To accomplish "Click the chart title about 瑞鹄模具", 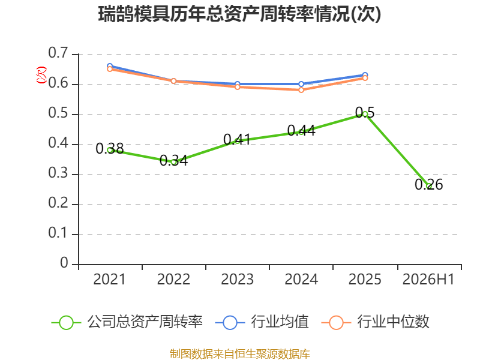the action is (239, 14).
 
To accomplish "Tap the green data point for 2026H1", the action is (429, 186).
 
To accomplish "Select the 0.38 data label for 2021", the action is (110, 149).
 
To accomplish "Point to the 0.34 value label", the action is (173, 160).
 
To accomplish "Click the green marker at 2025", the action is (365, 114).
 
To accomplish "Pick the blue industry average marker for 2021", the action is (110, 66).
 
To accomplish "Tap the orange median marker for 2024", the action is (301, 90).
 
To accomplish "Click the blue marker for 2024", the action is (301, 84).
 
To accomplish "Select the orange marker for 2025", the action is (365, 78).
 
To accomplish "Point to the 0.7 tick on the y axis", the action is (58, 53).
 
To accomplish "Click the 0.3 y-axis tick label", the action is (58, 173).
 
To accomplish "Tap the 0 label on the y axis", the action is (64, 263).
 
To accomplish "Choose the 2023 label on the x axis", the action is (237, 280).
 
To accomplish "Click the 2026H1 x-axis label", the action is (428, 280).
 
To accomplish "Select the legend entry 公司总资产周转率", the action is (127, 322).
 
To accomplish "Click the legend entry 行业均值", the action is (262, 322).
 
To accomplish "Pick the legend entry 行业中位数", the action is (376, 322).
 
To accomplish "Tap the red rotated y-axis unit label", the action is (41, 75).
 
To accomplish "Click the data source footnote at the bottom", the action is (240, 353).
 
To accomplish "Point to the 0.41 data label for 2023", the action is (237, 140).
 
